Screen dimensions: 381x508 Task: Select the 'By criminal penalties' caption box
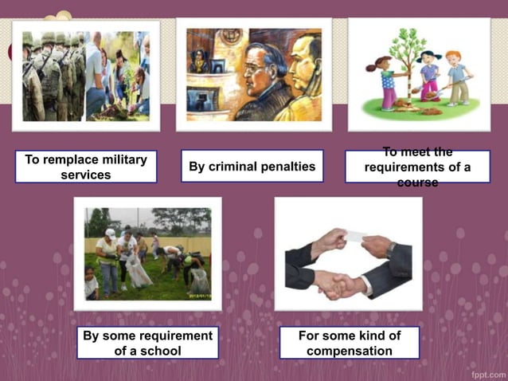click(x=252, y=167)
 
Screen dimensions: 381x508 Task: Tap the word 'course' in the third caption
click(x=417, y=183)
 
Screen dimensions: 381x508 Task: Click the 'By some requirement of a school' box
click(x=147, y=343)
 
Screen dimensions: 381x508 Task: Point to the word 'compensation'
click(x=350, y=351)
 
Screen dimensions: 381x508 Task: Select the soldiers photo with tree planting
click(x=85, y=76)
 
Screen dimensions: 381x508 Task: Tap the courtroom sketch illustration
click(x=253, y=74)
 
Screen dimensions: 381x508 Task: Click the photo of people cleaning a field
click(x=148, y=253)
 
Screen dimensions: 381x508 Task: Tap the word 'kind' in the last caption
click(x=366, y=336)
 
